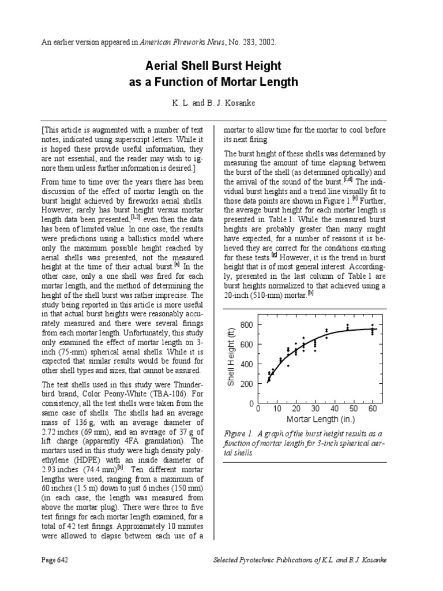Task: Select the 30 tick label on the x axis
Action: (x=315, y=409)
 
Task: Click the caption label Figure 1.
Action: (x=237, y=433)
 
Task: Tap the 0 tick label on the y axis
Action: (x=251, y=404)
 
